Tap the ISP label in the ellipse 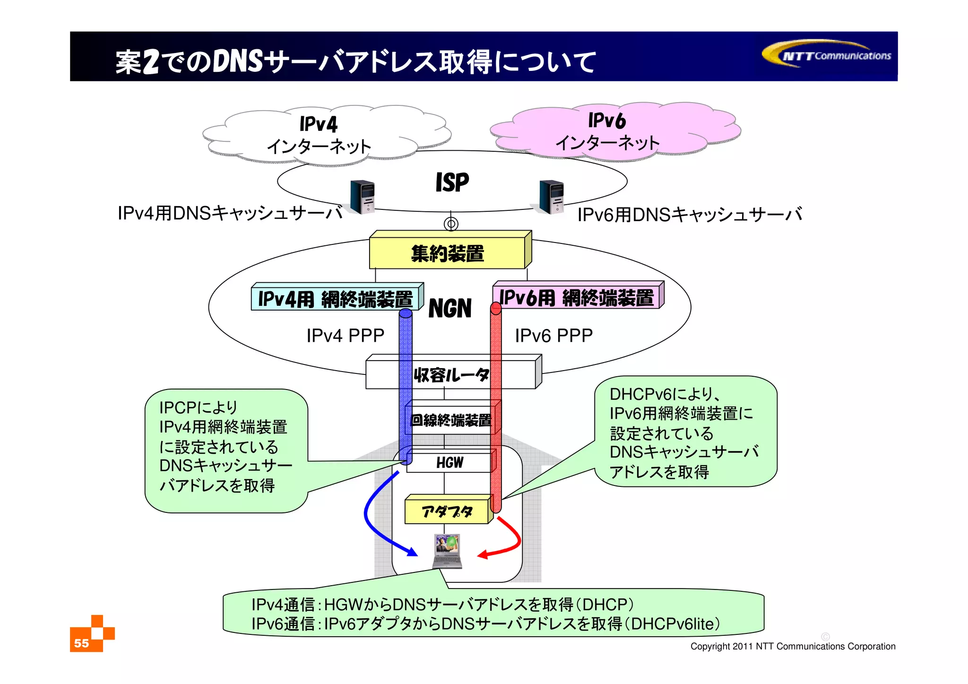point(452,182)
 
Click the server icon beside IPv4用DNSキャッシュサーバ point(363,197)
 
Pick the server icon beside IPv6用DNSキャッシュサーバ point(552,197)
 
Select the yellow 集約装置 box point(448,253)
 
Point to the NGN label point(449,309)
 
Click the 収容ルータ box point(451,374)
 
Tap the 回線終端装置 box point(451,419)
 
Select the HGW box point(449,462)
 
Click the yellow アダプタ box point(447,511)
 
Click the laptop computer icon point(447,551)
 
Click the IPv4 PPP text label point(345,335)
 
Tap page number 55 point(81,643)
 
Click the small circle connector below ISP point(451,224)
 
